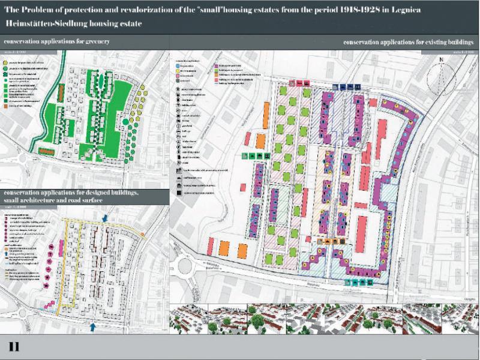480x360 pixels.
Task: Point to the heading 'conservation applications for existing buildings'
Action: pos(409,43)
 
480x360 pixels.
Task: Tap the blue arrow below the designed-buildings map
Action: pos(92,326)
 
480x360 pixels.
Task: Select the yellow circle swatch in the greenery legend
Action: pos(7,62)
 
